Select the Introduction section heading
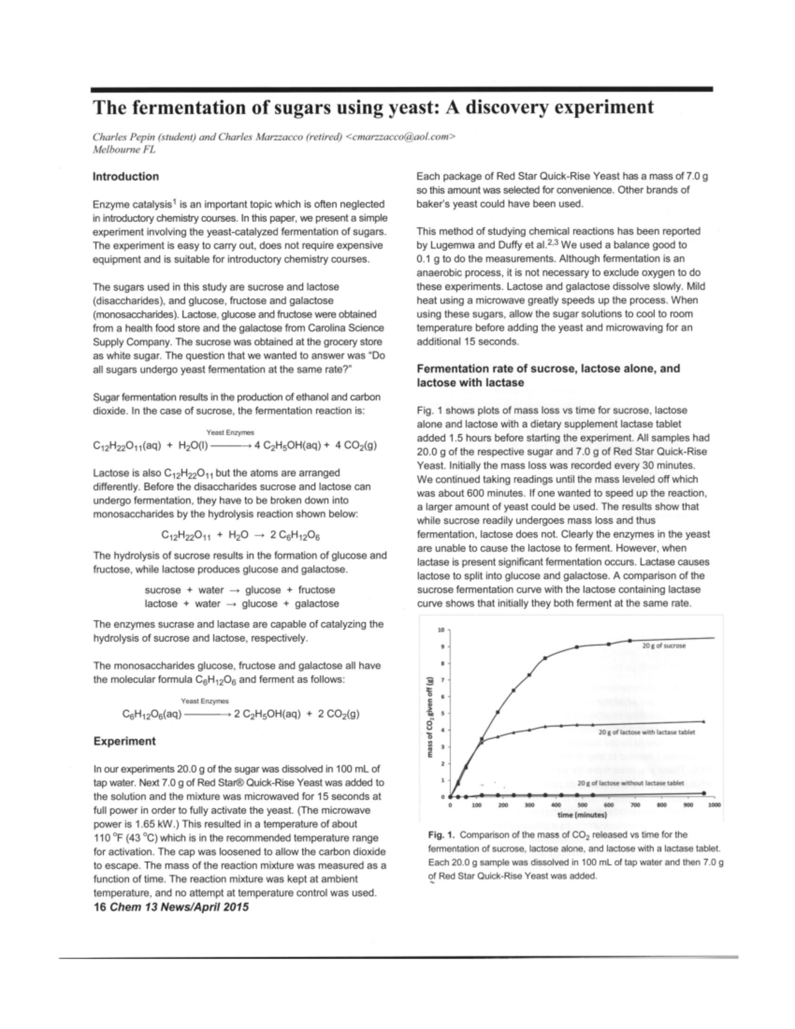(126, 176)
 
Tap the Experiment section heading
(125, 741)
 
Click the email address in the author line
(401, 137)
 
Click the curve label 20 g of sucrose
(664, 645)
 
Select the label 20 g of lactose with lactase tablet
(647, 732)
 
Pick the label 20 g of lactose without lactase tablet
(631, 783)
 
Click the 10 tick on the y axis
(441, 629)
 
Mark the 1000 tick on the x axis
(714, 805)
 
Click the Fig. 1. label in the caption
(441, 835)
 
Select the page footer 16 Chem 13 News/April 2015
(172, 907)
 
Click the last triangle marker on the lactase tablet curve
(704, 722)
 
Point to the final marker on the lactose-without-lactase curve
(704, 792)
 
